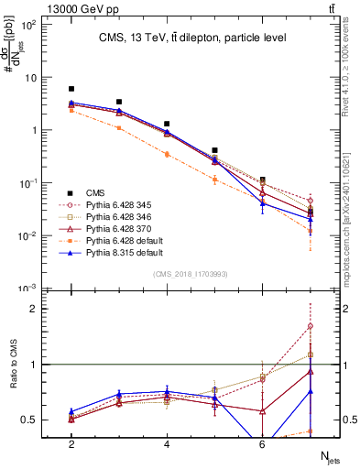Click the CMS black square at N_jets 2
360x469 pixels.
tap(71, 89)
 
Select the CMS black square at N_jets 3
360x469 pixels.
tap(119, 102)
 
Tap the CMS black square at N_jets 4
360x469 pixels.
tap(167, 124)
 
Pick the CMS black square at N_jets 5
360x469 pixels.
tap(214, 149)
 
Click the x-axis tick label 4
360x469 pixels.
tap(167, 443)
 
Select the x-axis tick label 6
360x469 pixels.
tap(262, 443)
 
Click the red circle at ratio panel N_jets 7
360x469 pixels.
tap(311, 326)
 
